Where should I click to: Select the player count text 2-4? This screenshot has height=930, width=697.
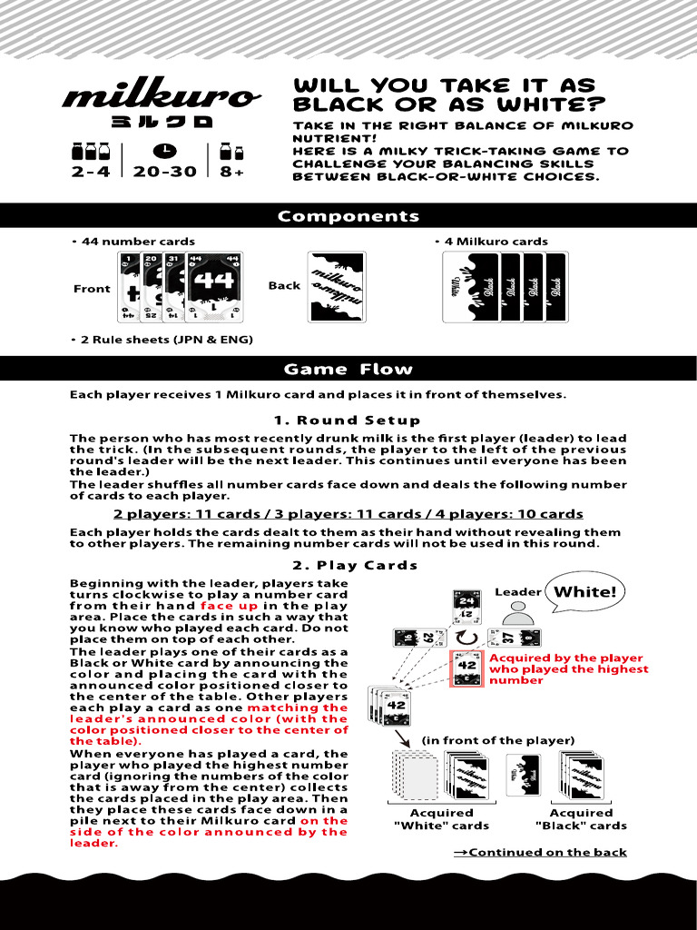(91, 171)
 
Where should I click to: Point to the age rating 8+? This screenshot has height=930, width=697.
(232, 171)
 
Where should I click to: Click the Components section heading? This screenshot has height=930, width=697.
(348, 216)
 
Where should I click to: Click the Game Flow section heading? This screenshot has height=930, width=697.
(348, 369)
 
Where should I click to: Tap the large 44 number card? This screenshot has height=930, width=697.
(214, 286)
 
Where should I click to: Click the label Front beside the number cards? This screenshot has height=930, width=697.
(92, 289)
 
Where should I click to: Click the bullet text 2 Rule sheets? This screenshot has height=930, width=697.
(162, 340)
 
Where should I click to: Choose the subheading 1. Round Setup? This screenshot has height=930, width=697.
(348, 420)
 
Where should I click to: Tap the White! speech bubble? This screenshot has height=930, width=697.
(584, 592)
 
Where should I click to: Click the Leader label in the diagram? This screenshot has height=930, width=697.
(517, 592)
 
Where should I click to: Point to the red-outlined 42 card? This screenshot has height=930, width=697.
(467, 668)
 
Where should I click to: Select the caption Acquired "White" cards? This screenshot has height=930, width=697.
(441, 819)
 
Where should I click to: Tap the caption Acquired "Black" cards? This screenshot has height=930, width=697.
(581, 819)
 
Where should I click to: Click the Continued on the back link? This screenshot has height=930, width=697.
(540, 852)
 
